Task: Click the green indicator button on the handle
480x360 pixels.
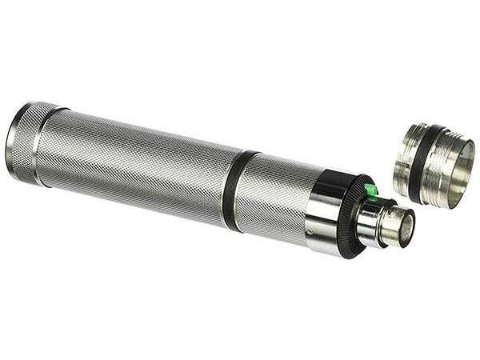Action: click(x=370, y=189)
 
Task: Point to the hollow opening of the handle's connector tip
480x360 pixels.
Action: click(x=401, y=230)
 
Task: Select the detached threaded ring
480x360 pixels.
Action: click(x=436, y=164)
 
